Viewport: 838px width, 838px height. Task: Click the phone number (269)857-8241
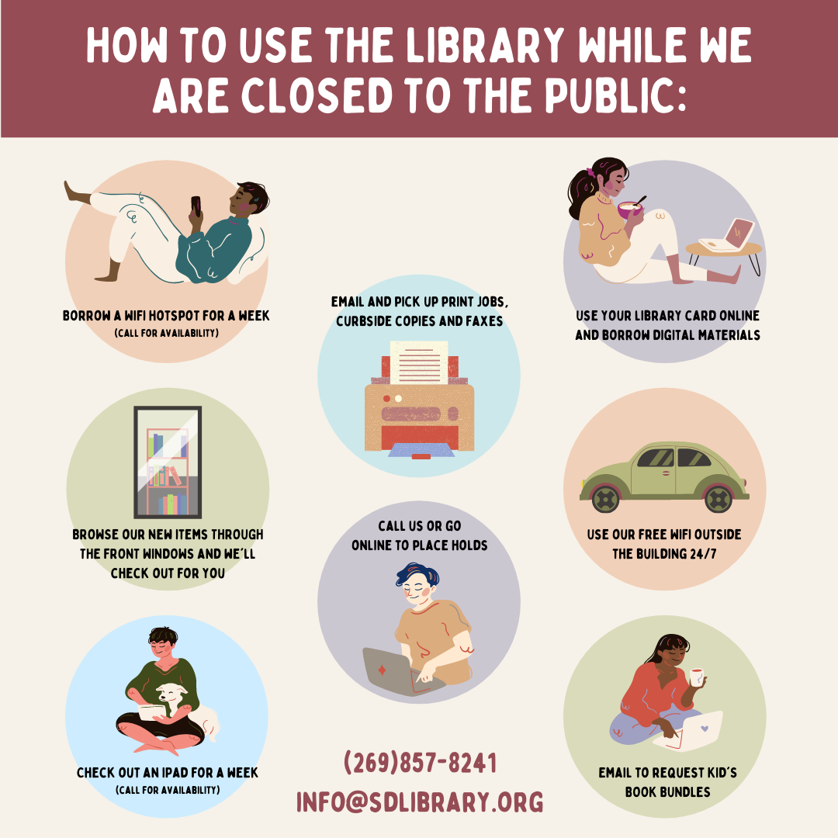[x=420, y=762]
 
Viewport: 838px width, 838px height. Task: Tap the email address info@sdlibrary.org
[x=420, y=802]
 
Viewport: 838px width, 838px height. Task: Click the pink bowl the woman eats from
[x=630, y=209]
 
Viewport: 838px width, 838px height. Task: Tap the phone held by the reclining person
[x=196, y=206]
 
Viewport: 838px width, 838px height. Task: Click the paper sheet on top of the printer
[x=419, y=363]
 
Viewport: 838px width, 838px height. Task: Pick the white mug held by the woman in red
[x=696, y=677]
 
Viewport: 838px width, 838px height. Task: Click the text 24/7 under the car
[x=703, y=554]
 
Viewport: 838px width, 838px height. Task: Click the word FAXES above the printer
[x=485, y=320]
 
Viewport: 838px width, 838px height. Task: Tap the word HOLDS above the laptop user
[x=469, y=545]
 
